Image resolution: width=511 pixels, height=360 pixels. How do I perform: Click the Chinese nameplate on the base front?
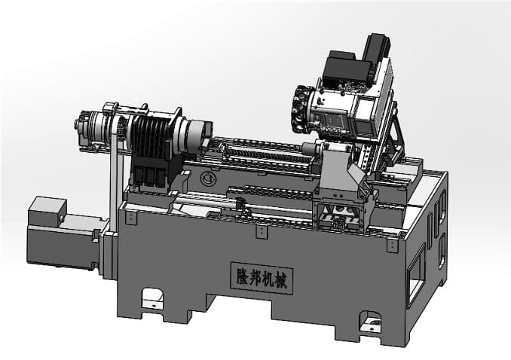(x=262, y=278)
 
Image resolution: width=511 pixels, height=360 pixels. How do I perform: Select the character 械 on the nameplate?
(x=280, y=280)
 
